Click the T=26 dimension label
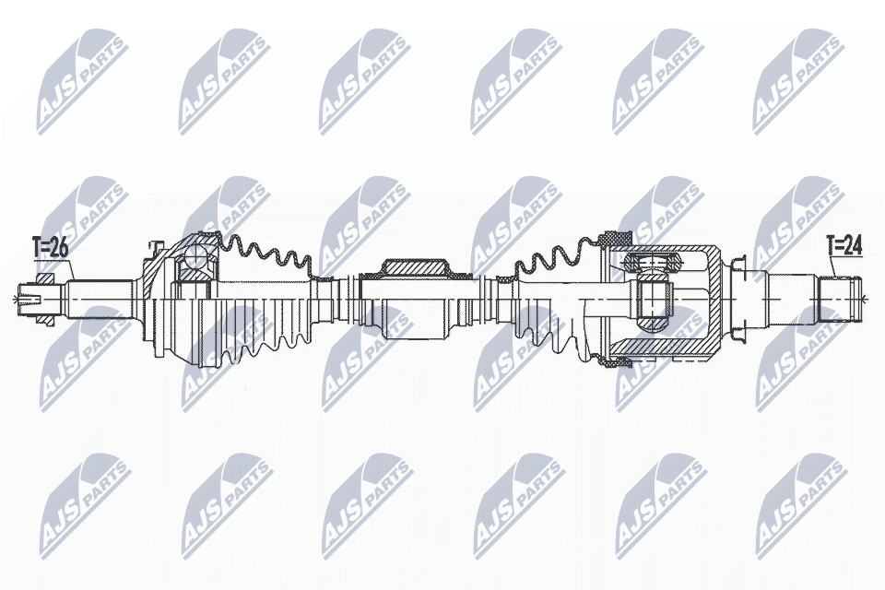51,247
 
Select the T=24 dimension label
844,245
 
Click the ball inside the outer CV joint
196,257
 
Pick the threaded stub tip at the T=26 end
28,298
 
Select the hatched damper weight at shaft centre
415,267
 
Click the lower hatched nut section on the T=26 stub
44,318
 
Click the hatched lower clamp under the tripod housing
612,361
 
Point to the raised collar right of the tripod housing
739,295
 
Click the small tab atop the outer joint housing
154,246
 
